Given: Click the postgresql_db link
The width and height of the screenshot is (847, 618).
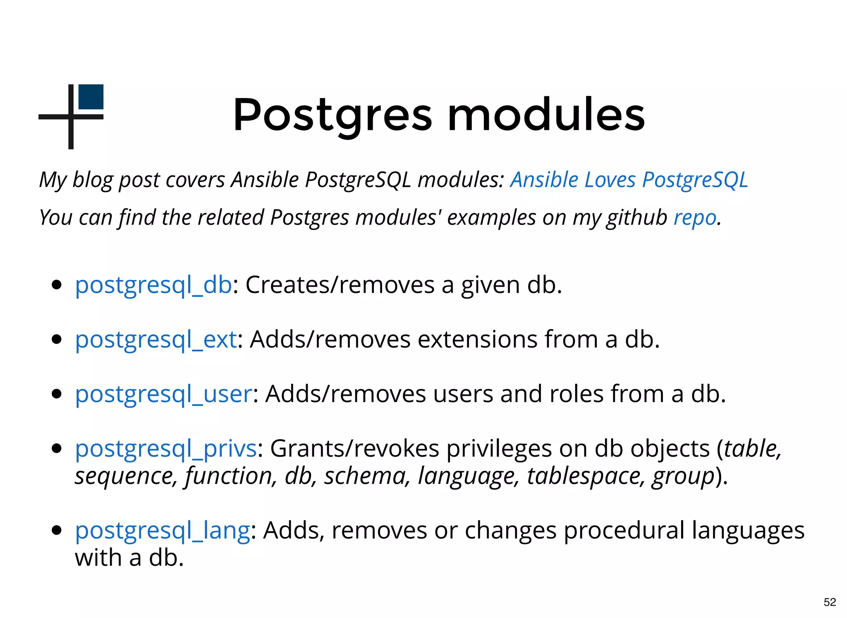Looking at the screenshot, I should [x=153, y=285].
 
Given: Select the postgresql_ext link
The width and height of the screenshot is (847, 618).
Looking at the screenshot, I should [x=156, y=340].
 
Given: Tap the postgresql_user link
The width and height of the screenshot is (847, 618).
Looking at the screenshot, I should [x=163, y=394].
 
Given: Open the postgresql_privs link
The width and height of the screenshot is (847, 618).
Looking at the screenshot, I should [x=165, y=449].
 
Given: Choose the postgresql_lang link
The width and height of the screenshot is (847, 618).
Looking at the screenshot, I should [x=162, y=531].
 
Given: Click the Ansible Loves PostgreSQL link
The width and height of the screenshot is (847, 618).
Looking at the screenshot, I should [x=629, y=180].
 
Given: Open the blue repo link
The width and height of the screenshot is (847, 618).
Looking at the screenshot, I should [x=695, y=218].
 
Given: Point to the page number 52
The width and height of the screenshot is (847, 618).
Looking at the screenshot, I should [x=830, y=602].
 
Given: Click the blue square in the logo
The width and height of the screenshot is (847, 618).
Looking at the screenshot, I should [x=91, y=97].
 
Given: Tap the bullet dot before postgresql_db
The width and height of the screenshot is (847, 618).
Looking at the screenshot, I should [x=57, y=285].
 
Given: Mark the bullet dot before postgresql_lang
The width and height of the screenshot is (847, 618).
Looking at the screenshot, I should [x=57, y=530].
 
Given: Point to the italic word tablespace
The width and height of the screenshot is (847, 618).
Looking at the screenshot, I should [x=586, y=476].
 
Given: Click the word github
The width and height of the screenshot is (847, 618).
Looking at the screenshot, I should [x=636, y=218].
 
